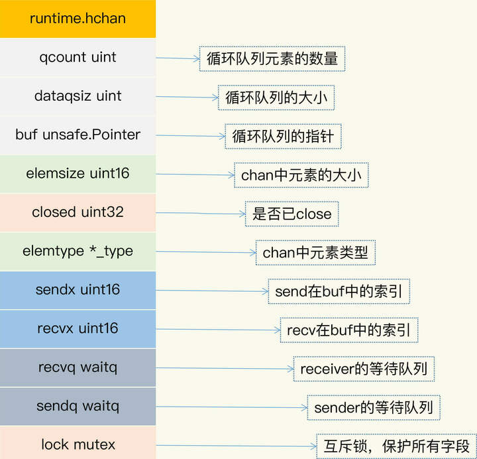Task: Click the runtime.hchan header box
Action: point(78,19)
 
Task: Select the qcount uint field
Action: point(78,57)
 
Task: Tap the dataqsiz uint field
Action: point(78,96)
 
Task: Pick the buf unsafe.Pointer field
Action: point(78,135)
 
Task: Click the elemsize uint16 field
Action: point(78,174)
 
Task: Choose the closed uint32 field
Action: point(78,212)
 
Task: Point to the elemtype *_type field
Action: point(78,251)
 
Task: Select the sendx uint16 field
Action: point(78,290)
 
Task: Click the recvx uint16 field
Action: point(78,328)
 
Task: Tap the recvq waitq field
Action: point(78,367)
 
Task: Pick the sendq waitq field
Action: point(78,406)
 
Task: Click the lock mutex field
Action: point(78,444)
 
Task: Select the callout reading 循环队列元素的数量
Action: point(272,59)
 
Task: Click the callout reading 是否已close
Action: point(292,214)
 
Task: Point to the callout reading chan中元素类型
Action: point(315,253)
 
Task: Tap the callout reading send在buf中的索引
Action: point(339,291)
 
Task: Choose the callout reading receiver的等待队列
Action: point(364,369)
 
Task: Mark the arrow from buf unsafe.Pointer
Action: point(190,136)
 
